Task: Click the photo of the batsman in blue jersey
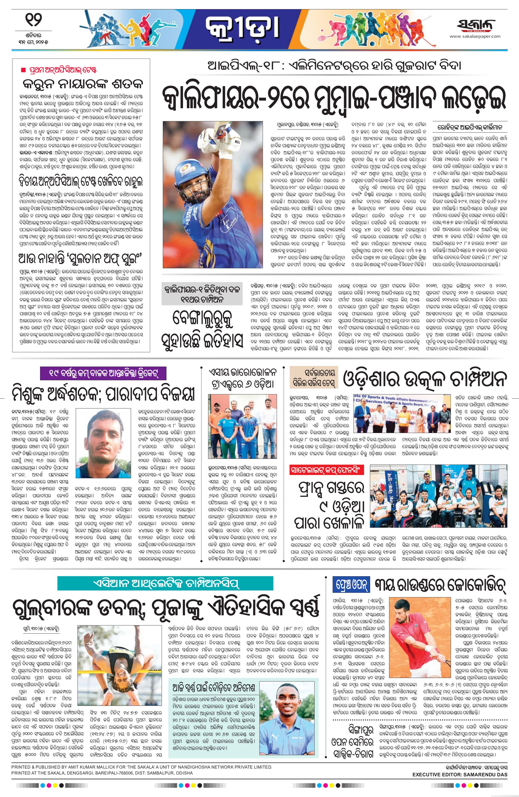point(213,194)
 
